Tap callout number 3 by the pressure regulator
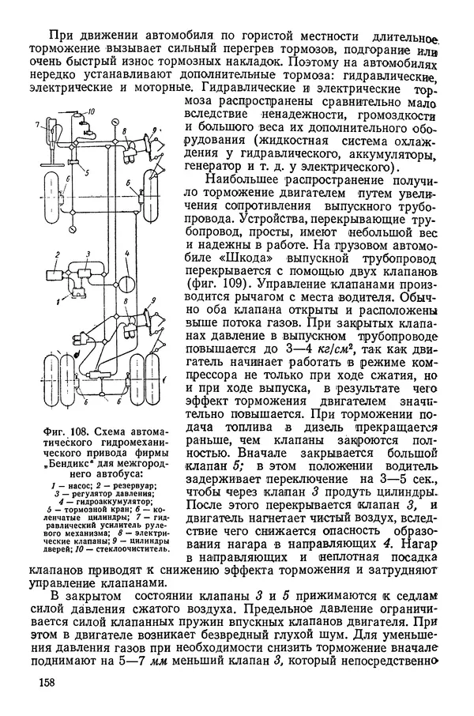(x=89, y=254)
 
